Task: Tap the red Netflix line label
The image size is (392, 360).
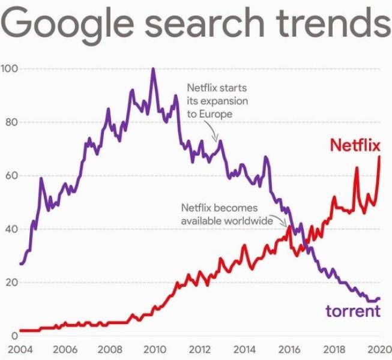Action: pos(355,145)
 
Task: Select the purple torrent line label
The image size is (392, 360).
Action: pos(353,311)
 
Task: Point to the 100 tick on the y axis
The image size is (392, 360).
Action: pos(10,68)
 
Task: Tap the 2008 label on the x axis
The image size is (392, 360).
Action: pos(110,350)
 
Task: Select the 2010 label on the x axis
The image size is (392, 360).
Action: pos(154,350)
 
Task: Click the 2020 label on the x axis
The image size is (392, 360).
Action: pos(377,350)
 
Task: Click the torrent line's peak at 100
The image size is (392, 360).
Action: pos(153,69)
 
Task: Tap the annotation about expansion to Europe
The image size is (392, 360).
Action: pos(217,101)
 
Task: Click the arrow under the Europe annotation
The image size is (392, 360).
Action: pos(212,129)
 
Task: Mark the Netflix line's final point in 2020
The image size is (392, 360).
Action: pos(379,157)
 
